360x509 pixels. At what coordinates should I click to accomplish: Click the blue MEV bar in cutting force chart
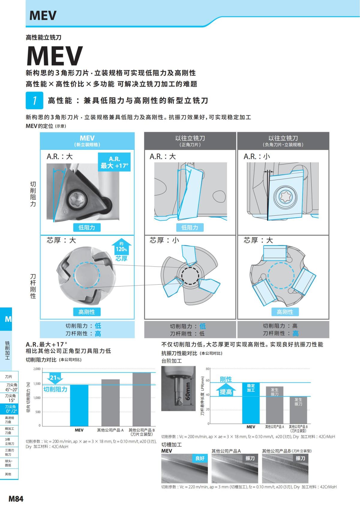79,405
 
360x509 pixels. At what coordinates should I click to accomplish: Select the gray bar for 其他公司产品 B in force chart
142,399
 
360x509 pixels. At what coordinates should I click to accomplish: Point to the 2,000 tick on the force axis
37,369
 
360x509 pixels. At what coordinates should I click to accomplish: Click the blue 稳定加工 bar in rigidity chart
251,403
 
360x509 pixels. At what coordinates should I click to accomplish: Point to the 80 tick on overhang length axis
208,369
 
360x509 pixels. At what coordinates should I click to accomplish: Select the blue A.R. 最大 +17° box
114,162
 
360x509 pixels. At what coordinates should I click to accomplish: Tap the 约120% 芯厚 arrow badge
121,250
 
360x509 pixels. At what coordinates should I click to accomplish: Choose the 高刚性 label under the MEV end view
87,312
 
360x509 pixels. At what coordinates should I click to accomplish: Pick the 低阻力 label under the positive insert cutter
190,227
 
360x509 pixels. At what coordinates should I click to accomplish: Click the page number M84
16,499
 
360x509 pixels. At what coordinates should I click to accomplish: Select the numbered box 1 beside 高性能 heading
34,100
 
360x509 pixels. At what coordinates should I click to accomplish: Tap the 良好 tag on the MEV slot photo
200,458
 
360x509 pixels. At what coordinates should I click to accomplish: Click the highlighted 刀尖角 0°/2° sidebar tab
11,409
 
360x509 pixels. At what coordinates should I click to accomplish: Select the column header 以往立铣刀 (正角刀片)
190,141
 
